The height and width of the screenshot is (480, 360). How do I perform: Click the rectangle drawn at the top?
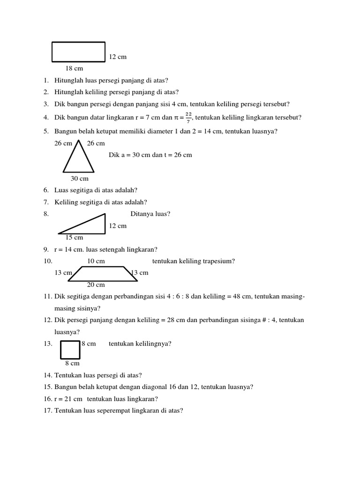(79, 52)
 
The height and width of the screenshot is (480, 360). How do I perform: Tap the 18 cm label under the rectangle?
(74, 68)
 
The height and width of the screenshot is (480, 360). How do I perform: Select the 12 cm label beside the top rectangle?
(118, 57)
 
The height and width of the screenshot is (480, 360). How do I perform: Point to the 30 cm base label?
(79, 179)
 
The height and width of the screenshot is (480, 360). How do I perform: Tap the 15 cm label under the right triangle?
(74, 238)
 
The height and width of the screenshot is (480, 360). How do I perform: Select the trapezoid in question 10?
(103, 274)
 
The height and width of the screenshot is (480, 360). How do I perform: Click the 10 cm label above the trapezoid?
(96, 261)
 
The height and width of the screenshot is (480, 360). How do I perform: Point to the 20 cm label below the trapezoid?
(96, 285)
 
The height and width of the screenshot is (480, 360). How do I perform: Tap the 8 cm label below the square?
(72, 363)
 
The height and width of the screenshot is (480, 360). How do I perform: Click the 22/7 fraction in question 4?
(188, 117)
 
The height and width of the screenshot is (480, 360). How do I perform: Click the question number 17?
(47, 411)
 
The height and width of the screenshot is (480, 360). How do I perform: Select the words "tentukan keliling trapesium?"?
(194, 261)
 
